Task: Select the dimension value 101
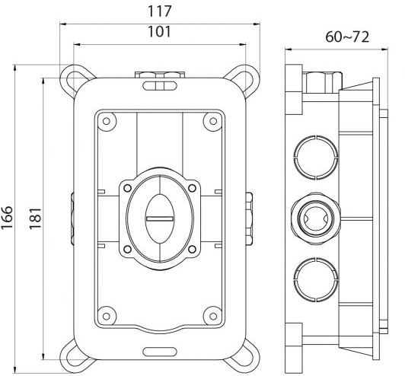coord(160,32)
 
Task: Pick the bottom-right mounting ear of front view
coord(246,352)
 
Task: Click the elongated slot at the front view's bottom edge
coord(160,352)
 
